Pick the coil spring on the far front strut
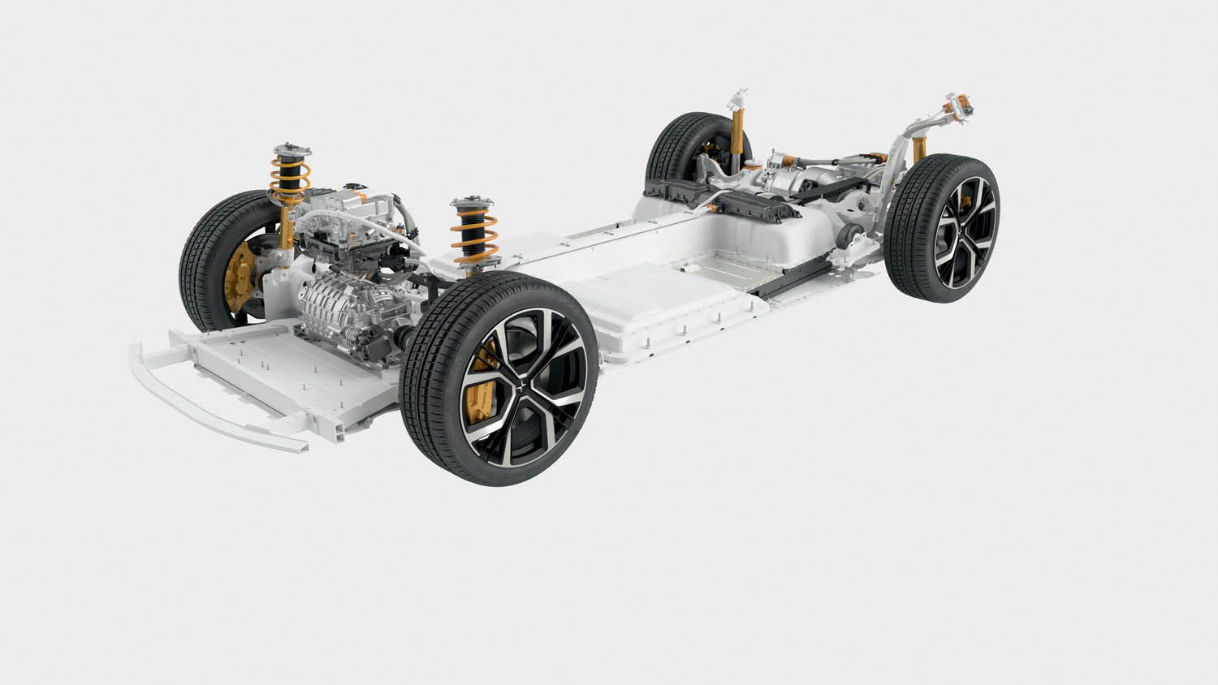(291, 182)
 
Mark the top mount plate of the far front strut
(290, 151)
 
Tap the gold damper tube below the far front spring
(286, 228)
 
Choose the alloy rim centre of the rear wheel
(962, 231)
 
